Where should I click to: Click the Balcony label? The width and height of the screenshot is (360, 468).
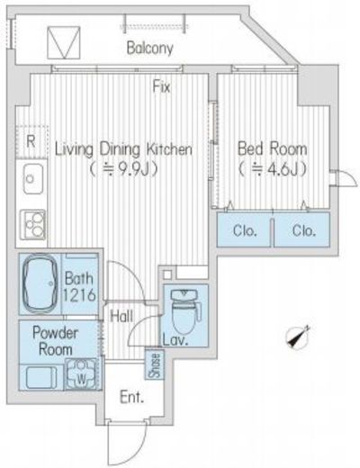pos(149,49)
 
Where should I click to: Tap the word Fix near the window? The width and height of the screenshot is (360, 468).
pos(161,86)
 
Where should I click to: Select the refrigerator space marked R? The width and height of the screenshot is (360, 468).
pos(31,141)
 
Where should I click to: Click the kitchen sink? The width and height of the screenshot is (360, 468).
pos(33,178)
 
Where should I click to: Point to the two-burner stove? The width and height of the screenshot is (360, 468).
pos(33,224)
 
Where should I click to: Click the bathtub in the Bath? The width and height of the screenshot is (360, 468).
pos(40,283)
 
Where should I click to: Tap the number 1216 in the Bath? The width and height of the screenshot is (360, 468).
pos(79,294)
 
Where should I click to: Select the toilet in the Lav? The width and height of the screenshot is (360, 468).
pos(185,311)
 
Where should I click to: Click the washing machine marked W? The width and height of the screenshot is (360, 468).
pos(81,373)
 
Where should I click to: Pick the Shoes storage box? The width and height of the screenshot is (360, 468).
pos(155,364)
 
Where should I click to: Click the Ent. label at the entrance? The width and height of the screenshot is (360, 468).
pos(131,397)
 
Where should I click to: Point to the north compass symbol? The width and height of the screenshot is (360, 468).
pos(298,337)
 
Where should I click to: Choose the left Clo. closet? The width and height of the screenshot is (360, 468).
pos(244,229)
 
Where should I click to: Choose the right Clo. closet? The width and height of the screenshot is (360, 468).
pos(302,229)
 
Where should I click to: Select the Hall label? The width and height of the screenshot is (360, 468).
pos(121,316)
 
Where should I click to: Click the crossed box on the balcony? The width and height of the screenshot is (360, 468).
pos(64,42)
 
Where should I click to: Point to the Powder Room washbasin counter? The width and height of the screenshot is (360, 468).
pos(41,377)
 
